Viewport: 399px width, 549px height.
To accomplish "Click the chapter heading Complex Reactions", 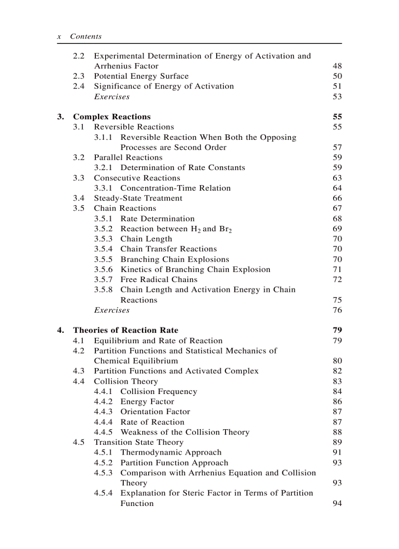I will click(111, 117).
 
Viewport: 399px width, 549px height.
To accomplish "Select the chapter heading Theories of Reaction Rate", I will click(125, 330).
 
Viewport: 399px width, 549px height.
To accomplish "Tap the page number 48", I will click(337, 66).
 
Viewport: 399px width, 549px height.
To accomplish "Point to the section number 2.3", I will click(79, 76).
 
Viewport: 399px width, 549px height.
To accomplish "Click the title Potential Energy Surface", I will click(141, 76).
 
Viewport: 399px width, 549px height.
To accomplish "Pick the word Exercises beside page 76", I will click(111, 310).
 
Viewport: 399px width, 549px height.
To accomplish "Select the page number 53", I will click(337, 97).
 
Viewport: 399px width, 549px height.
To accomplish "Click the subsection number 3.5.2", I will click(103, 229).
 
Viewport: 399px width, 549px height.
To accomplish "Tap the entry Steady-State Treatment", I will click(138, 198).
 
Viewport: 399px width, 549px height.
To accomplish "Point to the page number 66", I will click(337, 198).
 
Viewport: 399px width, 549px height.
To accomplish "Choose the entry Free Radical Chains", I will click(159, 280).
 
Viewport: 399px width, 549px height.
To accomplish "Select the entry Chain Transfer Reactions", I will click(168, 249).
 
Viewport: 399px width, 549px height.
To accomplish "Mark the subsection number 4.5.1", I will click(103, 453).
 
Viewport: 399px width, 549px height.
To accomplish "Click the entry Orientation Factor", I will click(155, 412).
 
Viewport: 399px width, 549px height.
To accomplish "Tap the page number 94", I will click(337, 504).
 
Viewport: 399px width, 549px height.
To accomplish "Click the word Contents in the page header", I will click(86, 37).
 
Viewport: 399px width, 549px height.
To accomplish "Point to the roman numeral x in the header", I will click(59, 37).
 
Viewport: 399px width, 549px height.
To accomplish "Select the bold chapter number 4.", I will click(60, 330).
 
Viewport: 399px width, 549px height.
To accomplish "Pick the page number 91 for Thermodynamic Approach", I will click(337, 453).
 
